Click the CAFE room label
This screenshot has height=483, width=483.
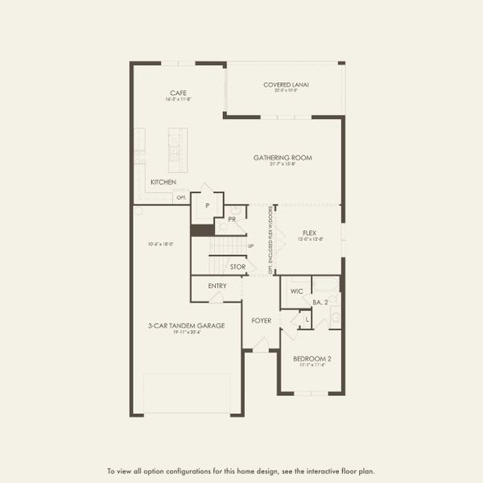pos(179,93)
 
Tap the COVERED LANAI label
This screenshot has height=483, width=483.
pos(287,85)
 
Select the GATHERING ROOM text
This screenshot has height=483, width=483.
pos(283,158)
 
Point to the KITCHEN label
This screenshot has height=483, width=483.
pos(163,183)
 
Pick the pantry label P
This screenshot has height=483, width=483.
pos(208,206)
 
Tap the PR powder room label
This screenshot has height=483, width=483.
pos(232,219)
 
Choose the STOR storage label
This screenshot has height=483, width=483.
pos(237,266)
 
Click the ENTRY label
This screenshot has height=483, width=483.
pos(217,286)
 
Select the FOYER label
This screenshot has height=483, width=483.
pos(261,320)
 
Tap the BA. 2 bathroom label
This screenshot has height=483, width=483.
pos(320,302)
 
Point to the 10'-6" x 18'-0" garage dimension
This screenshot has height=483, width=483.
pos(161,244)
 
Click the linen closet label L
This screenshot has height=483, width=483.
pos(307,320)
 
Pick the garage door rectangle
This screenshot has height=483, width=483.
pos(186,394)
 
